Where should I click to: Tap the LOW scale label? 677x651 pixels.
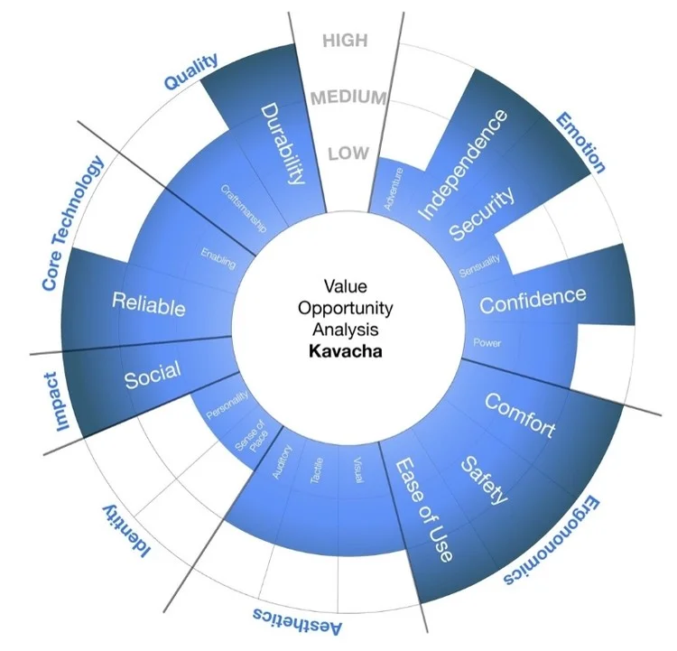click(348, 153)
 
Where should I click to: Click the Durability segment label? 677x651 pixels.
click(280, 144)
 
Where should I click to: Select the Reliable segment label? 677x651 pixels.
click(149, 303)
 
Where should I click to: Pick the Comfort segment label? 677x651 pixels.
click(520, 414)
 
